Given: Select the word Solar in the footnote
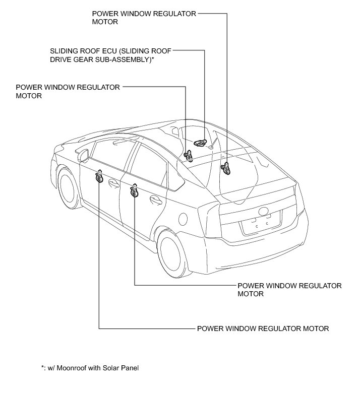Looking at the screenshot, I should point(112,368).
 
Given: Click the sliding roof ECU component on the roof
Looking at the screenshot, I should point(200,143).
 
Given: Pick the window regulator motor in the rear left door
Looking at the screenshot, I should point(135,191).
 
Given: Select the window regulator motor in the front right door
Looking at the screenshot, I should point(189,155).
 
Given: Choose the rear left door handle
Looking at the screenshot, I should point(155,200).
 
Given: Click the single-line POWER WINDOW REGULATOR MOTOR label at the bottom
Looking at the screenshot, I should point(263,329).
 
